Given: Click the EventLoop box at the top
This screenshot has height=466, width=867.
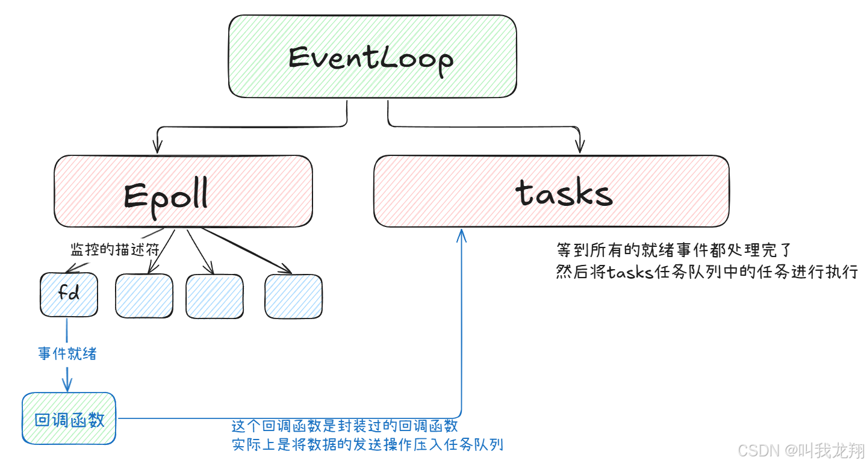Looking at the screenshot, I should (372, 56).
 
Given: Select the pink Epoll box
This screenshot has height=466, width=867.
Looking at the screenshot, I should (183, 191).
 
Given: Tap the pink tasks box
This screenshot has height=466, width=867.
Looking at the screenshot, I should (550, 191).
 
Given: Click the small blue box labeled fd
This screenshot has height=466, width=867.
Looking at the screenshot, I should (69, 295).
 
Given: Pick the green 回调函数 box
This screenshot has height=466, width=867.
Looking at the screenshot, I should (69, 418).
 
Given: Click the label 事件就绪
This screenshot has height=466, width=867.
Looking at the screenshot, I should (67, 353).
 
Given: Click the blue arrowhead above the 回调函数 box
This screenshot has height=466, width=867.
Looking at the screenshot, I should (67, 384).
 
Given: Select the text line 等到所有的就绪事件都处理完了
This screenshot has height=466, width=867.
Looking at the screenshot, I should (668, 250).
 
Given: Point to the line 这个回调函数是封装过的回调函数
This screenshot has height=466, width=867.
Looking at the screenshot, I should (345, 426).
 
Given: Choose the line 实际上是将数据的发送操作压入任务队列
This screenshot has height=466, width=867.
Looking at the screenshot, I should (367, 445).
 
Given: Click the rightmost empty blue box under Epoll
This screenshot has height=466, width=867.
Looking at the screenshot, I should (293, 296).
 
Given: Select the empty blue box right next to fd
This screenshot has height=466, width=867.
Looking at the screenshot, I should (144, 296).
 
